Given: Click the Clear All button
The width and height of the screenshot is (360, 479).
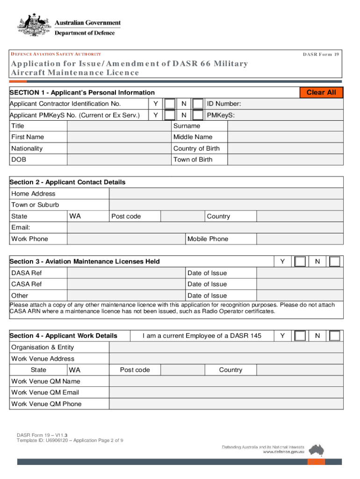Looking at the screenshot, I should pyautogui.click(x=321, y=93).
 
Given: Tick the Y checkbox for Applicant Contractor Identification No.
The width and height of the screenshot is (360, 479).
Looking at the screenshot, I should pyautogui.click(x=171, y=104).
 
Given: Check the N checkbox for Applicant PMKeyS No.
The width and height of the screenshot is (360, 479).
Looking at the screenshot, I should pyautogui.click(x=198, y=115).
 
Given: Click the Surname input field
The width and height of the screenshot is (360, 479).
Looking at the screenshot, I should pyautogui.click(x=285, y=126).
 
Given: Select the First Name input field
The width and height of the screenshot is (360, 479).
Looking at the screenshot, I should pyautogui.click(x=119, y=137).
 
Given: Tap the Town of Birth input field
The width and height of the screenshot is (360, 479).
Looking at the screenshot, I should pyautogui.click(x=285, y=160).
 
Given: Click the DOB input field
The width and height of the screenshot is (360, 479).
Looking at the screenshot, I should pyautogui.click(x=119, y=160).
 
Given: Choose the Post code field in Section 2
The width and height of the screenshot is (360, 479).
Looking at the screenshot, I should pyautogui.click(x=183, y=216).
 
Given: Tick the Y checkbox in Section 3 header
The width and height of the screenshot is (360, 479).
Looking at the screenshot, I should pyautogui.click(x=301, y=261).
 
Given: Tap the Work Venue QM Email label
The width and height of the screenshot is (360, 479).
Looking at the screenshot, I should pyautogui.click(x=45, y=392).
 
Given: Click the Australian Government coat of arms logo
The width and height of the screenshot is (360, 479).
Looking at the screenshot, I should pyautogui.click(x=34, y=26).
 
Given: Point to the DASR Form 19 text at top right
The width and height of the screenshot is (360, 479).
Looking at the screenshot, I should pyautogui.click(x=320, y=54).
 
